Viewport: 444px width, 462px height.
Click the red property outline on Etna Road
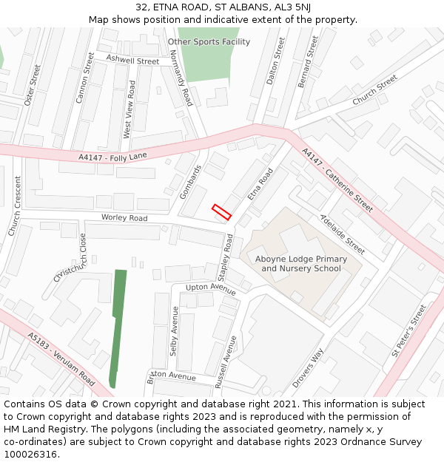tap(222, 212)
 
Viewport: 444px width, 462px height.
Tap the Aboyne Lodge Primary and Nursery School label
tap(300, 264)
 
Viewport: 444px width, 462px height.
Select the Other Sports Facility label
tap(209, 42)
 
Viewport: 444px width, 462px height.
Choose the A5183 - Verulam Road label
tap(61, 359)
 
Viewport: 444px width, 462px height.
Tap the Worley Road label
tap(124, 218)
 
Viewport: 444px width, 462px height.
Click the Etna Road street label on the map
tap(260, 184)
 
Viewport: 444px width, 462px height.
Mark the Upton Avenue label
tap(211, 288)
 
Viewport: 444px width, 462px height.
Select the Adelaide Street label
tap(341, 233)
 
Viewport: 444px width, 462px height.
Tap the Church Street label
tap(374, 89)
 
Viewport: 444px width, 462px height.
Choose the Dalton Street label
tap(275, 61)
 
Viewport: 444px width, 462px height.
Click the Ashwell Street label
tap(132, 60)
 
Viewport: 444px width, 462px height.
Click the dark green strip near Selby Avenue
tap(118, 325)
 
